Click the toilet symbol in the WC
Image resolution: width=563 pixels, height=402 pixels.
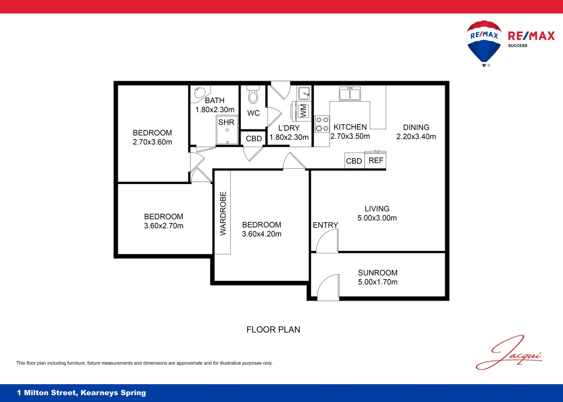pyautogui.click(x=253, y=96)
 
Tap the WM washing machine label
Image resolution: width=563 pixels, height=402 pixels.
pyautogui.click(x=303, y=111)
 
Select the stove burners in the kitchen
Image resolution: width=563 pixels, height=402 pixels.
pyautogui.click(x=322, y=124)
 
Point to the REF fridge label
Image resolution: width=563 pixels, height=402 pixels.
pyautogui.click(x=376, y=160)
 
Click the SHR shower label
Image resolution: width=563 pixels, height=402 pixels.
pyautogui.click(x=226, y=122)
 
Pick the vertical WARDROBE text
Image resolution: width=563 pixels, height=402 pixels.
pyautogui.click(x=223, y=213)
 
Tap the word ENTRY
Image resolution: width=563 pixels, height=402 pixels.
pyautogui.click(x=325, y=225)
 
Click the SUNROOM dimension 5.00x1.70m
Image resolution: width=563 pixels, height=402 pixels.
pyautogui.click(x=378, y=282)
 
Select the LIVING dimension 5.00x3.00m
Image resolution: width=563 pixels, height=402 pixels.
pyautogui.click(x=377, y=218)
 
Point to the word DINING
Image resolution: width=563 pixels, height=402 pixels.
pyautogui.click(x=416, y=127)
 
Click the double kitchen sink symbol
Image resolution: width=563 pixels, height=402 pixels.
pyautogui.click(x=350, y=94)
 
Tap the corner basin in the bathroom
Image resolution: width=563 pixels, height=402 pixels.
pyautogui.click(x=201, y=93)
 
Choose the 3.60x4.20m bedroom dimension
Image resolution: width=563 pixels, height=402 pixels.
pyautogui.click(x=262, y=234)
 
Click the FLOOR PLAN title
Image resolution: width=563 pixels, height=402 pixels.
pyautogui.click(x=273, y=330)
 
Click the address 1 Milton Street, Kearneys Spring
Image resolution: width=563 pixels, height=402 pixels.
pyautogui.click(x=81, y=393)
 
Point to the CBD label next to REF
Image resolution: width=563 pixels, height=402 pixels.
pyautogui.click(x=354, y=161)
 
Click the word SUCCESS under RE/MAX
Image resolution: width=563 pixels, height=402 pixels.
pyautogui.click(x=518, y=46)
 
